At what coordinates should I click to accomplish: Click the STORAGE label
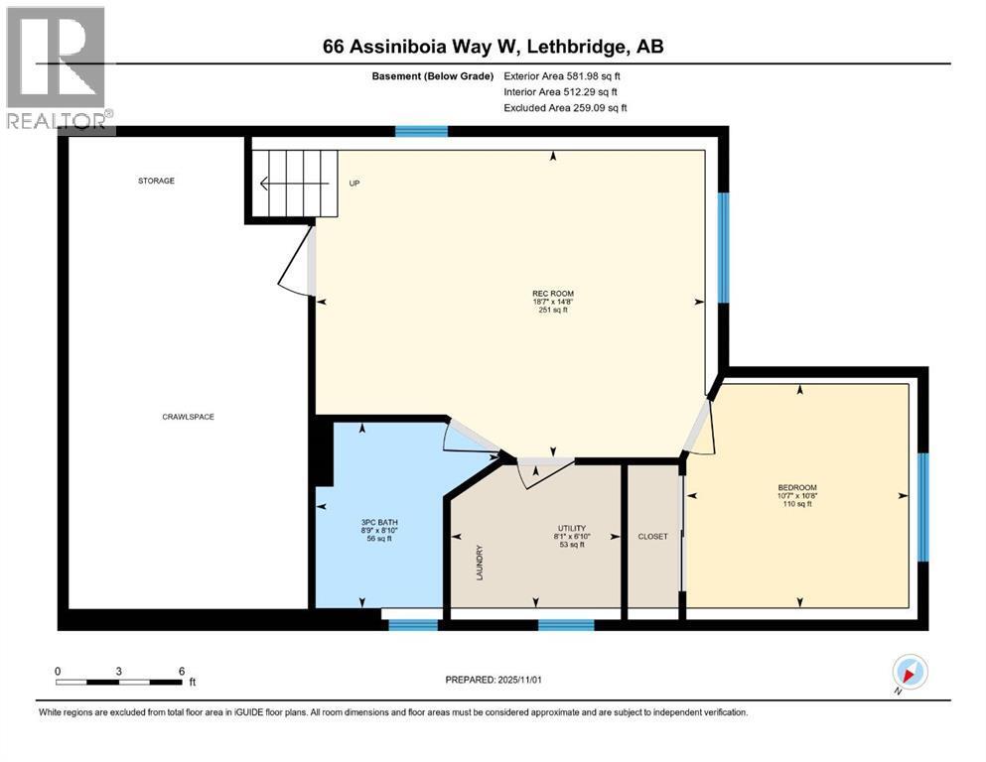point(156,181)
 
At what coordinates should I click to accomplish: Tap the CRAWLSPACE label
point(188,417)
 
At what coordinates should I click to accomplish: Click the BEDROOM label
point(796,487)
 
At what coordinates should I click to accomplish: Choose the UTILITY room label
point(571,528)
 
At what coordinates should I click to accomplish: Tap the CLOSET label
point(652,537)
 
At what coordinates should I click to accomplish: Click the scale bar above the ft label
point(119,682)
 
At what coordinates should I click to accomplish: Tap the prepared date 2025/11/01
point(493,680)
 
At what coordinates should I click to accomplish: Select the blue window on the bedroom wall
point(922,507)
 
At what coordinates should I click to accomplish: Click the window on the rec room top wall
point(421,131)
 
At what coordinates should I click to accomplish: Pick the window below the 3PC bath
point(413,625)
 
